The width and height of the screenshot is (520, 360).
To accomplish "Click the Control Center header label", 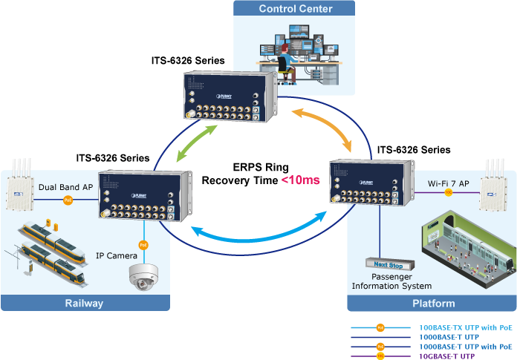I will (295, 9).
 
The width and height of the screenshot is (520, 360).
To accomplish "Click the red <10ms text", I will (300, 180).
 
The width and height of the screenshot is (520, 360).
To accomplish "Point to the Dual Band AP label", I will (67, 188).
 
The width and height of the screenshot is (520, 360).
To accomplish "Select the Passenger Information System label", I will (391, 281).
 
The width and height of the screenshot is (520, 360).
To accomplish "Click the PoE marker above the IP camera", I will (143, 243).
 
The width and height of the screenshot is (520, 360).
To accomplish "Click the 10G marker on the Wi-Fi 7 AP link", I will (448, 193).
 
